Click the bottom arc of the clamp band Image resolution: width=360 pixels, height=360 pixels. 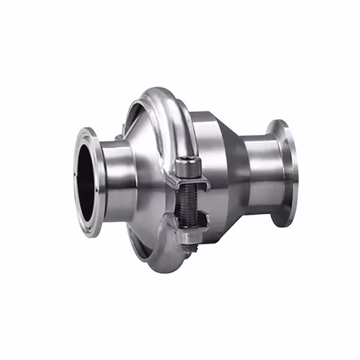[164, 262]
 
